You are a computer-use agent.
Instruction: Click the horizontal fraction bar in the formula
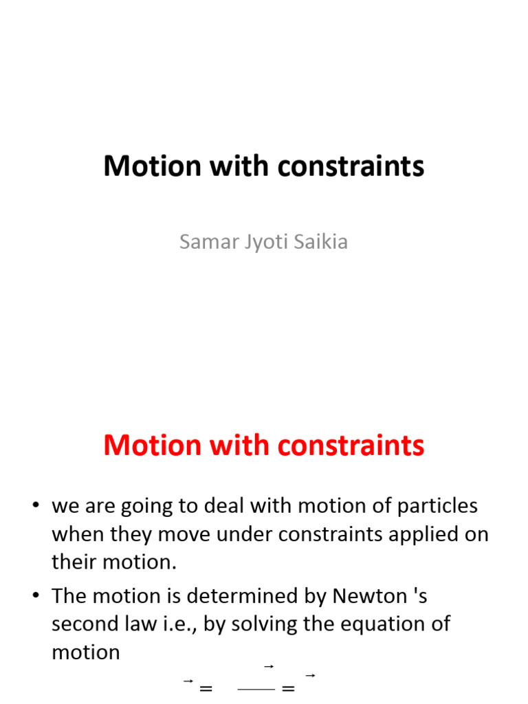257,687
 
